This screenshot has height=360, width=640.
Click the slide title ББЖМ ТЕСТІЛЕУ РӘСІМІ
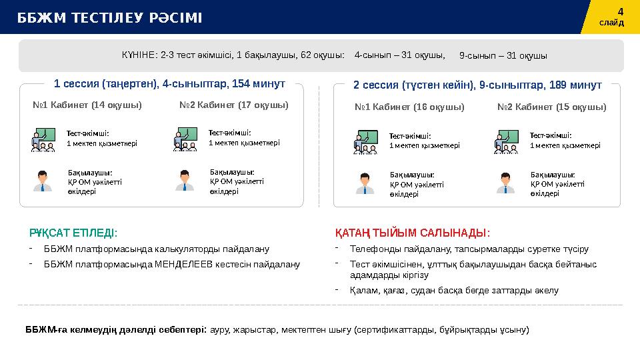coord(110,17)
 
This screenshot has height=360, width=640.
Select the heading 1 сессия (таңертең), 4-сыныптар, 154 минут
coord(169,85)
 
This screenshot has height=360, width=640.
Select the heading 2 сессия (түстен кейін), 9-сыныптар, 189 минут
coord(477,85)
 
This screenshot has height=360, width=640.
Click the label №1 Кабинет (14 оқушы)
coord(87,105)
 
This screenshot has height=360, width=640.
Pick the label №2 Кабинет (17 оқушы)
coord(234,105)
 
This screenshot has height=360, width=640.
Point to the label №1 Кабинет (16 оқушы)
coord(410,107)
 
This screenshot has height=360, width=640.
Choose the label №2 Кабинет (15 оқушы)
coord(552,107)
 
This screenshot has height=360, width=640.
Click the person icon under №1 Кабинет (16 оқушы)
coord(365,183)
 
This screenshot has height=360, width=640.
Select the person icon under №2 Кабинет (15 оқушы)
coord(506,183)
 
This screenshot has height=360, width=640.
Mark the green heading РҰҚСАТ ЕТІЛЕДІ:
coord(73,233)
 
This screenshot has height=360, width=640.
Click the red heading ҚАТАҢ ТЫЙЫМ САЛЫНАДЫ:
coord(413,233)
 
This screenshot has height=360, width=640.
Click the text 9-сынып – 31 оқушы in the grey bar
coord(503,56)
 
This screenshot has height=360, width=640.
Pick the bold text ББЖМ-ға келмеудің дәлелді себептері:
coord(117,329)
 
